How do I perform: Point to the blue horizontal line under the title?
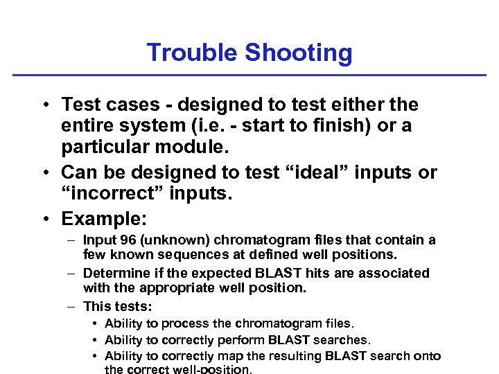249,75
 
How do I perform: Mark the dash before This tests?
71,306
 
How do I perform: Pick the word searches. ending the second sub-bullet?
343,339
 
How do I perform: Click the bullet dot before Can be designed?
44,172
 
